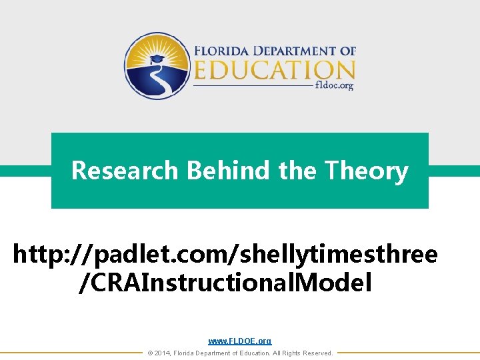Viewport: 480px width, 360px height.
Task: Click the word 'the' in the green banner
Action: pos(299,171)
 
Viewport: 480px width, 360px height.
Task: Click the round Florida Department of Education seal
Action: pos(157,66)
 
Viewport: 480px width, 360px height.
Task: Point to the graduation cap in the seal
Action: pos(157,59)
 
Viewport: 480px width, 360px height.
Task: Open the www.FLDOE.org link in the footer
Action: pos(240,341)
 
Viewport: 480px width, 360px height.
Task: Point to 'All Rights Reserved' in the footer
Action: pos(304,353)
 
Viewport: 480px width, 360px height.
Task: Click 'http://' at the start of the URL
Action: pos(44,254)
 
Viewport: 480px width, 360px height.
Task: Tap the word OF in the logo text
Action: pos(348,51)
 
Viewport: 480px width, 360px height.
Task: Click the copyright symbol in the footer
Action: pos(150,353)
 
